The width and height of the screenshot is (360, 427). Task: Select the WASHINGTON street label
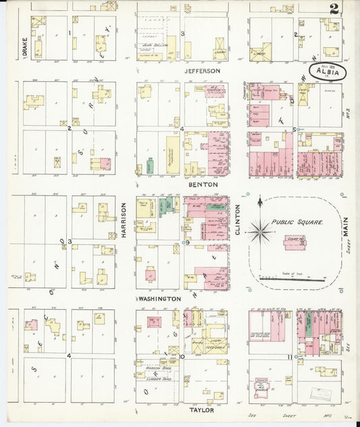[158, 298]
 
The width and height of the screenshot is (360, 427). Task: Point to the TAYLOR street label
[201, 409]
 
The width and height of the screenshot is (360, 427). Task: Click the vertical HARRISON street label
[125, 220]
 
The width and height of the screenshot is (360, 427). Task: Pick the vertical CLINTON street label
[238, 222]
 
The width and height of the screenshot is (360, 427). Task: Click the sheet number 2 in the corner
[334, 9]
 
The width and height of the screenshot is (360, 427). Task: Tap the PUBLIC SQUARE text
[298, 222]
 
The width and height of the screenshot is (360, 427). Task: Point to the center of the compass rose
[259, 232]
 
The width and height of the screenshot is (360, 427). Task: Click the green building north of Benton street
[149, 166]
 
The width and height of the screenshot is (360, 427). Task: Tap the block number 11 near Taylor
[289, 356]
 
